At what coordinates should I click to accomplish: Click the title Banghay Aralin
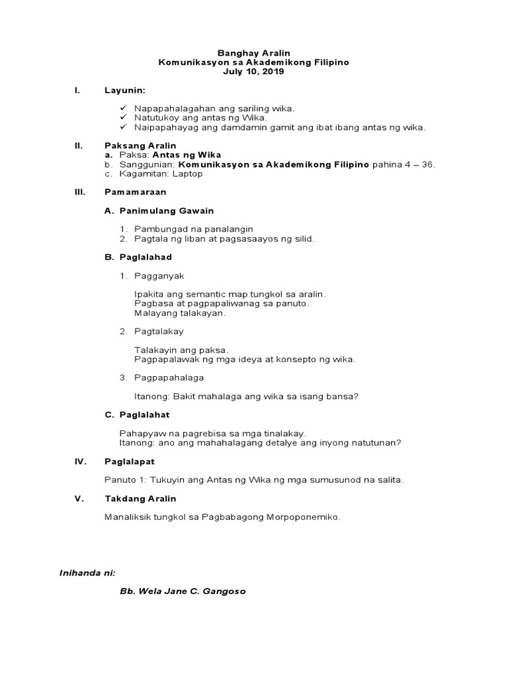click(254, 52)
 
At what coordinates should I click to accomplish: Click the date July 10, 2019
click(254, 71)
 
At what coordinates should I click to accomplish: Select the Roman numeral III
click(79, 192)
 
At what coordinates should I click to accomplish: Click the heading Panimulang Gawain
click(166, 211)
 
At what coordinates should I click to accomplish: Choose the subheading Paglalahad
click(146, 257)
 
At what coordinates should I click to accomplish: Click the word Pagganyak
click(159, 275)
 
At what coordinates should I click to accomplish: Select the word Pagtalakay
click(159, 331)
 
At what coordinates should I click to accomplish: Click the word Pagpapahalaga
click(169, 377)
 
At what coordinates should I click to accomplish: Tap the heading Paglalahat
click(145, 414)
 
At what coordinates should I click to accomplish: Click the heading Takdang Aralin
click(140, 498)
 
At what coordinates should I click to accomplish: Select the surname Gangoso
click(223, 591)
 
